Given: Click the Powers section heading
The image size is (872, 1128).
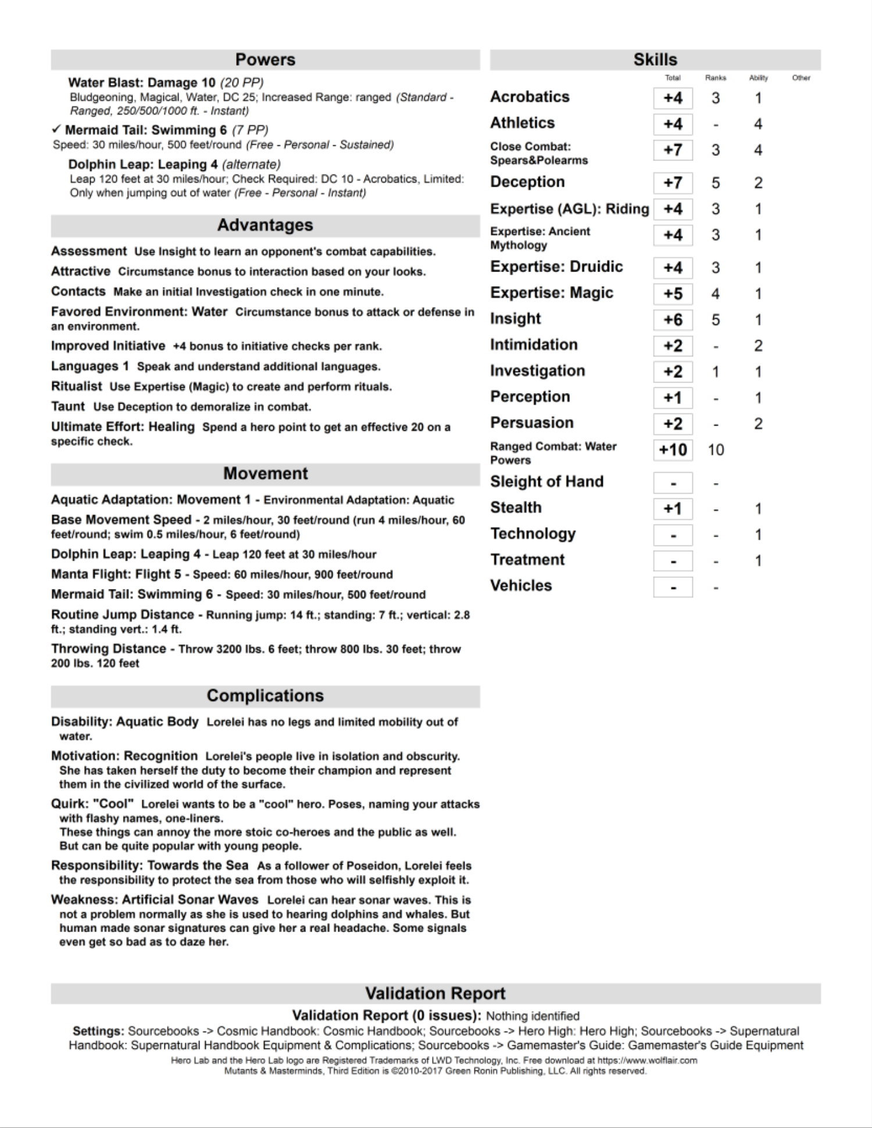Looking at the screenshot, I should (265, 60).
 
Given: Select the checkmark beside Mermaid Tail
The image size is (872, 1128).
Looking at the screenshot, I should (56, 130).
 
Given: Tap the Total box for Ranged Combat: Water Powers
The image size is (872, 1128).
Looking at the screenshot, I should (673, 450).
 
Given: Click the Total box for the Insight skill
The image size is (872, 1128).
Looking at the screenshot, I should (673, 320).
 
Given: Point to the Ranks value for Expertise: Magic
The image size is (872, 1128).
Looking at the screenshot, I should (716, 294).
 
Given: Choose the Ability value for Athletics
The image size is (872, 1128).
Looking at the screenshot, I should (758, 124).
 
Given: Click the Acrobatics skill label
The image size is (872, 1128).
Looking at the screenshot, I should (530, 97).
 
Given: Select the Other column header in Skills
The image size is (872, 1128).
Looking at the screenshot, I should (801, 78).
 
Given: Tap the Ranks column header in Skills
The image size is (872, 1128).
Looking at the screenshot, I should (716, 78).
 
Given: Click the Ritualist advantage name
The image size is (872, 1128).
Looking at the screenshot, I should (76, 386).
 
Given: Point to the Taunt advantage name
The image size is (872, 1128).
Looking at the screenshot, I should (67, 406).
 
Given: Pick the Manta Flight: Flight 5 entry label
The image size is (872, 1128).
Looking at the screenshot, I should (116, 574).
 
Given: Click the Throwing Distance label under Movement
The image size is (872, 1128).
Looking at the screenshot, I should (108, 649).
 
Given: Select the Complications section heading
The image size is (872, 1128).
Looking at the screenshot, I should (265, 696).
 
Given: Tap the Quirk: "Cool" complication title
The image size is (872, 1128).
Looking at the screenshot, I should (92, 804).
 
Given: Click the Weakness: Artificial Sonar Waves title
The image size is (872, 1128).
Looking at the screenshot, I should (155, 899).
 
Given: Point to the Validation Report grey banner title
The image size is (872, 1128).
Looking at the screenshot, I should (435, 993).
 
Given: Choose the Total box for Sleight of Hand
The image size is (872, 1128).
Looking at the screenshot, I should (673, 483).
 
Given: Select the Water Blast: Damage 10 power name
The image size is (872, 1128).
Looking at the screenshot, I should (142, 83).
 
